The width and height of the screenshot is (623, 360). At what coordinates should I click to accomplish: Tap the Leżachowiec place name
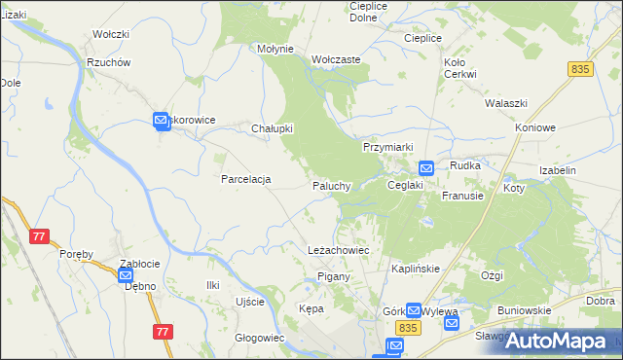[x=338, y=250]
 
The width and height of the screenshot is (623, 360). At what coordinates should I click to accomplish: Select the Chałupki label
[x=273, y=128]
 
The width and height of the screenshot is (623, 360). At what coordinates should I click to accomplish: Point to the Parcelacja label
[x=245, y=180]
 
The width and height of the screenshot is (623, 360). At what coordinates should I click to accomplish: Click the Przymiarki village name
[x=388, y=147]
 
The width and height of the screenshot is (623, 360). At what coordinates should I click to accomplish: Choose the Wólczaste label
[x=336, y=59]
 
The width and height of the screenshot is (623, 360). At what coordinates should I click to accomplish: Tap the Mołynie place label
[x=275, y=48]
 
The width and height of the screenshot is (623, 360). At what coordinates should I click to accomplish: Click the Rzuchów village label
[x=108, y=62]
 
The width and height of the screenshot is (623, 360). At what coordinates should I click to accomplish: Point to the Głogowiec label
[x=259, y=338]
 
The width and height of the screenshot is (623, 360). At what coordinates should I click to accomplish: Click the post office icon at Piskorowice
[x=162, y=121]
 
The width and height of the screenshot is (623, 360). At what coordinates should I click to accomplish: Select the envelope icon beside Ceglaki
[x=425, y=168]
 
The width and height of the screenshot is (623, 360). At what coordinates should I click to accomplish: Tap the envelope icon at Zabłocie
[x=127, y=276]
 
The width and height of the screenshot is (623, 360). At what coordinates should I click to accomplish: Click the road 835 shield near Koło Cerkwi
[x=581, y=68]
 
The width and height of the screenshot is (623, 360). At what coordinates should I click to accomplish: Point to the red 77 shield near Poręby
[x=39, y=236]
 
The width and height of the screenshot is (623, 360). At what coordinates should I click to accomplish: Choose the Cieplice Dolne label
[x=369, y=12]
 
